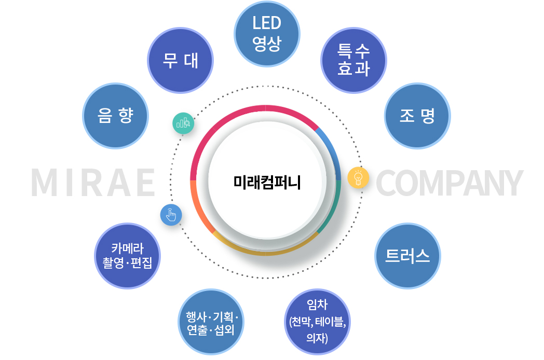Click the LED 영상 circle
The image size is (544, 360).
267,34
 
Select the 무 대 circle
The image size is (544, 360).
181,60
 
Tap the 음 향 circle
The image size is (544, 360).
115,116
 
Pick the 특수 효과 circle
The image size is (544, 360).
353,60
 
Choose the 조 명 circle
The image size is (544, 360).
417,116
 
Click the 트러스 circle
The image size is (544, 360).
407,256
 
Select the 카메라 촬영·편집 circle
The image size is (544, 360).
127,256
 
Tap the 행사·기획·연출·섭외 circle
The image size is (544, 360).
211,322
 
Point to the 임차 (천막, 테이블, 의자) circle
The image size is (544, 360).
318,322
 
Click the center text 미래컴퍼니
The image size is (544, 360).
267,183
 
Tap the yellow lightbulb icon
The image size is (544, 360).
358,178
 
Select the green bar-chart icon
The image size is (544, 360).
183,123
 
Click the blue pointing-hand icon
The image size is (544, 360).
171,215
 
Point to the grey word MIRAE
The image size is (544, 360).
93,183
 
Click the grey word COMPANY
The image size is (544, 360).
450,183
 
